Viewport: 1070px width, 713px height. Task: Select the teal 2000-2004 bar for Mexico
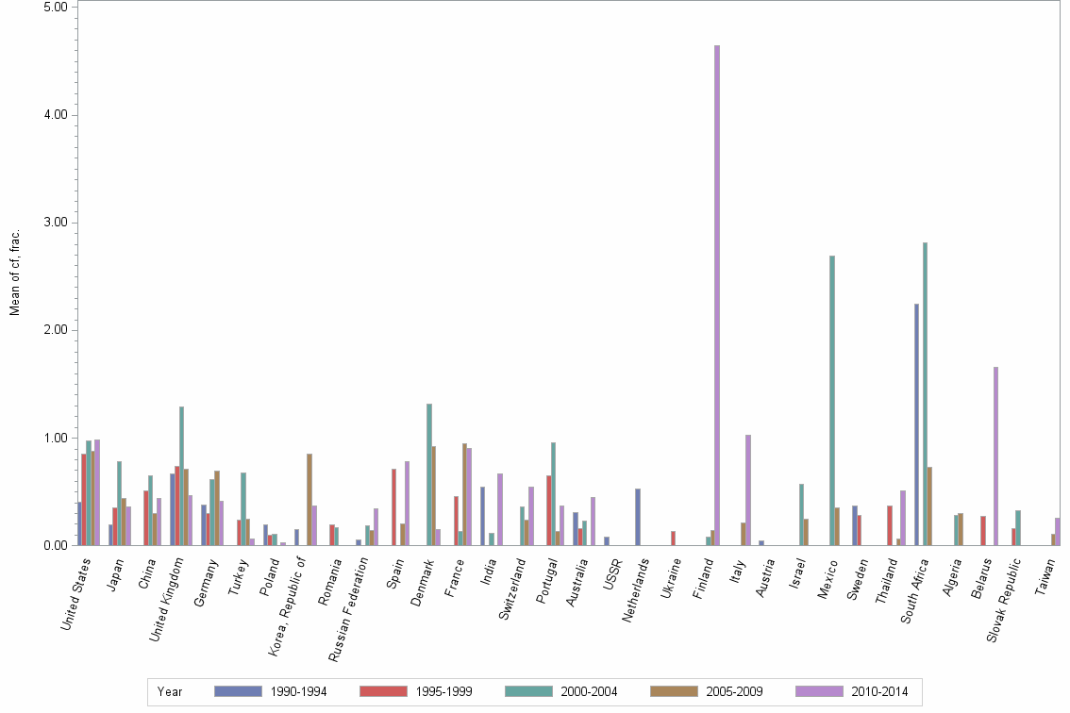pos(832,400)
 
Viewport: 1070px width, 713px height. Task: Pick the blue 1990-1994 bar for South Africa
pos(916,424)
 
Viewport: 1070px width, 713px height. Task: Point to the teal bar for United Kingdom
pos(182,475)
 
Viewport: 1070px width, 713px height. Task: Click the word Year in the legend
pos(171,691)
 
